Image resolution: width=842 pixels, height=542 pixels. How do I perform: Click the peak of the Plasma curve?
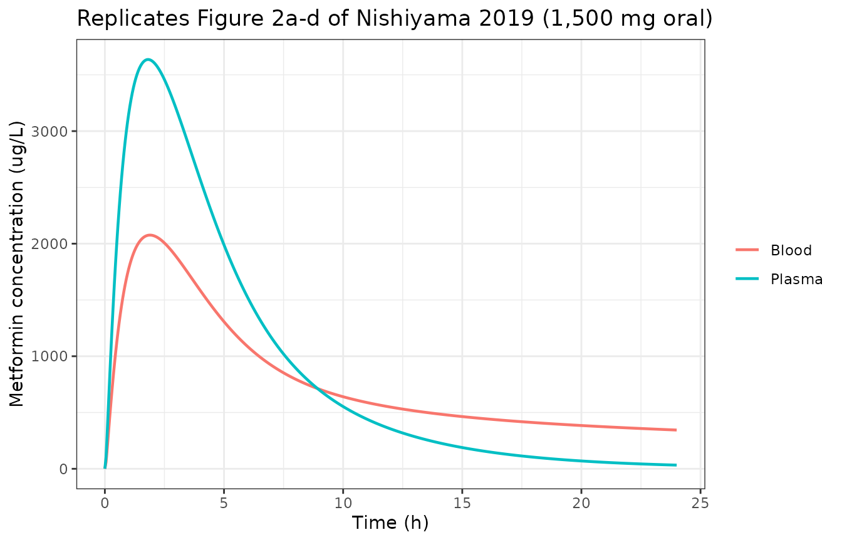point(148,60)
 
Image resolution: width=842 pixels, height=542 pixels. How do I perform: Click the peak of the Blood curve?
point(150,235)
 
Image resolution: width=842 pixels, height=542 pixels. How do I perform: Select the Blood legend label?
point(791,250)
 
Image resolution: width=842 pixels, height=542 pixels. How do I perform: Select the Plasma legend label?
point(796,279)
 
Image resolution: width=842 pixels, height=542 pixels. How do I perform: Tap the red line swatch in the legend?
point(747,250)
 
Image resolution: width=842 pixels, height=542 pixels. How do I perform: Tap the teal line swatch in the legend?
point(747,279)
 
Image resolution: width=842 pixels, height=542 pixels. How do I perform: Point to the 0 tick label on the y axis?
point(63,469)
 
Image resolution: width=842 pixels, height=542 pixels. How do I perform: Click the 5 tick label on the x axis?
point(224,504)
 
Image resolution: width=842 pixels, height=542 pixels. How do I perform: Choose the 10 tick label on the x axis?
point(343,504)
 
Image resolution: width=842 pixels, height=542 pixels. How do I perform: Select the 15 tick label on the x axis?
point(462,504)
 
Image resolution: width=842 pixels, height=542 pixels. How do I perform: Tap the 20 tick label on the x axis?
point(581,504)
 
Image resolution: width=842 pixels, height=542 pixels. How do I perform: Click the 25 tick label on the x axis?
point(700,504)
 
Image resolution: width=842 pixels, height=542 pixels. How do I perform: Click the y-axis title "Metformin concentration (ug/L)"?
point(17,264)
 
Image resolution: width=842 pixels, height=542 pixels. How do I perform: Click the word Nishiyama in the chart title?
point(413,19)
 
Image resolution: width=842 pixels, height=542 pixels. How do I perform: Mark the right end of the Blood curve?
point(675,430)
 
